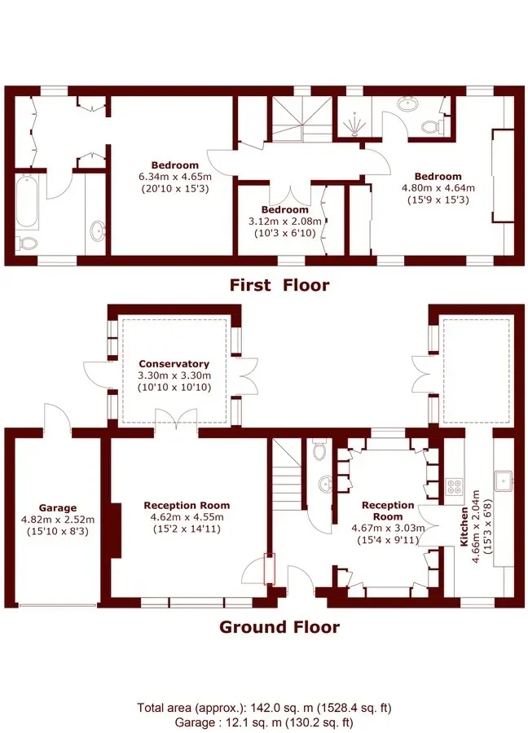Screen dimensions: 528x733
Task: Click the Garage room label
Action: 58,507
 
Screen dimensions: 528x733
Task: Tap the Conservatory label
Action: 174,364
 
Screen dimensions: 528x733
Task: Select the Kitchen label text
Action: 464,527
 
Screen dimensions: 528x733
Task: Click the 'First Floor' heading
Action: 279,285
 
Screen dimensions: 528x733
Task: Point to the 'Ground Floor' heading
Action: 279,626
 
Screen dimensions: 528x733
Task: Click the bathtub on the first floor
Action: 27,201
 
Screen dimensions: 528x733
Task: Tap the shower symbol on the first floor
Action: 354,125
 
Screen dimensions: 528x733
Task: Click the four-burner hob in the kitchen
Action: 453,487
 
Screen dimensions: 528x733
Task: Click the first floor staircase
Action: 302,119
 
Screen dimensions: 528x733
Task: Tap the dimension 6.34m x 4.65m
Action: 175,178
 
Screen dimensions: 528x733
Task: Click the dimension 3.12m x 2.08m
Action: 285,221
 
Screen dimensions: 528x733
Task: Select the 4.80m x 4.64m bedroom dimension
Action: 438,188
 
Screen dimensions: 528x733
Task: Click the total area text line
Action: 264,707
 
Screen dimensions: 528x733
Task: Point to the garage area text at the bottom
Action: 264,722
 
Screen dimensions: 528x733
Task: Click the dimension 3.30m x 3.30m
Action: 174,375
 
